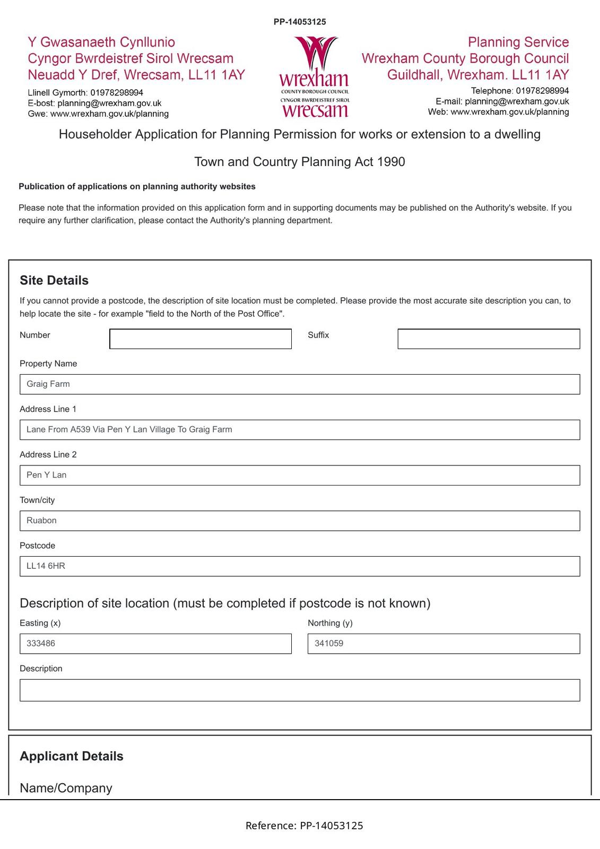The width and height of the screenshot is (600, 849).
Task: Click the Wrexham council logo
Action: tap(314, 77)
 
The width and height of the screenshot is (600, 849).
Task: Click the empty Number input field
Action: tap(201, 339)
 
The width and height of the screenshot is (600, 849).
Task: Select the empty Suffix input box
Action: tap(489, 339)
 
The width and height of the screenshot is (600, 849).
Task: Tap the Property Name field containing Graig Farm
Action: tap(300, 384)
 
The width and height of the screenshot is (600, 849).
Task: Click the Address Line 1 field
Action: tap(300, 430)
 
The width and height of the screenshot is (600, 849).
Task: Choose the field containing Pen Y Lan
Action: tap(300, 475)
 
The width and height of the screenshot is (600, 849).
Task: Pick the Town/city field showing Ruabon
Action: tap(300, 521)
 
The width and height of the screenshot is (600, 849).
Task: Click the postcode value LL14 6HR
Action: tap(46, 566)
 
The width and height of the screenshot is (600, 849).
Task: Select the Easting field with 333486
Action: tap(155, 644)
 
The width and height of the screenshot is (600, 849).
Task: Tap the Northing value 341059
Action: tap(329, 644)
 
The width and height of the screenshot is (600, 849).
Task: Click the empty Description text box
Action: tap(300, 690)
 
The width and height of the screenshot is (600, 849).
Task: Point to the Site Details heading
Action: tap(54, 281)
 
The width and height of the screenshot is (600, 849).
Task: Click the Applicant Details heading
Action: tap(72, 756)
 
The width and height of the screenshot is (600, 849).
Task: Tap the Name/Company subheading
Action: tap(66, 788)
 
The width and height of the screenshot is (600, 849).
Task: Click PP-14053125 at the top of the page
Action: tap(300, 22)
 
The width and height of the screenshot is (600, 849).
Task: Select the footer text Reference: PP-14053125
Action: tap(304, 826)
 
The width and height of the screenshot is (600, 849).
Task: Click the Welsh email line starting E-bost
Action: tap(94, 103)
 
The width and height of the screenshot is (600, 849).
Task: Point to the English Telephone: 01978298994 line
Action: tap(519, 91)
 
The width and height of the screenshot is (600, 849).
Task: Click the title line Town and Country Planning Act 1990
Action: tap(300, 162)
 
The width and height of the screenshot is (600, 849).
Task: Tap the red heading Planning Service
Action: tap(518, 42)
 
